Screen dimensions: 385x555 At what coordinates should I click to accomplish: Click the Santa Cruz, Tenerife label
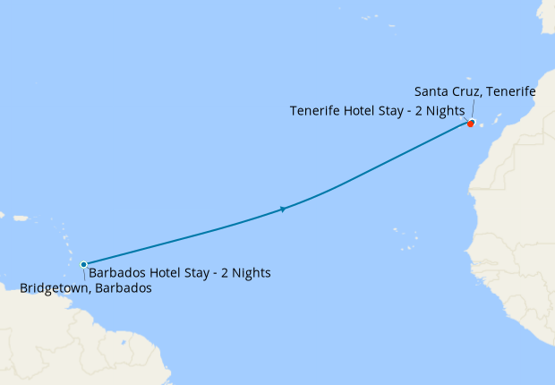[475, 92]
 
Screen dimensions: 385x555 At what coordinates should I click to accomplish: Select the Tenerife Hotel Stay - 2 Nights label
[377, 111]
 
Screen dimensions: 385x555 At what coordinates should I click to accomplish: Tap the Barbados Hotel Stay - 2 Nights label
[179, 272]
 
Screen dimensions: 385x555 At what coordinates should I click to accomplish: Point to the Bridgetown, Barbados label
[86, 288]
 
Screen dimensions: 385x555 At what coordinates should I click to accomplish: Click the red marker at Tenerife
[471, 124]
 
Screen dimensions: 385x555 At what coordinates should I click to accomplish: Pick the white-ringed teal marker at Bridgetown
[83, 264]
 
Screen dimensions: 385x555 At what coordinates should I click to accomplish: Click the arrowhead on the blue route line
[283, 210]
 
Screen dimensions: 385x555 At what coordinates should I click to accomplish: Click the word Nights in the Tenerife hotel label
[443, 111]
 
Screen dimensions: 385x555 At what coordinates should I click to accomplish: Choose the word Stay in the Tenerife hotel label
[386, 111]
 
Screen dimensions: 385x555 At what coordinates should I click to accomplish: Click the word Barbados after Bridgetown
[123, 288]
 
